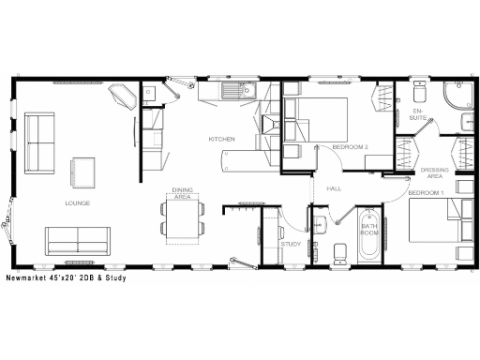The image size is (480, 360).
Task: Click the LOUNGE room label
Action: coord(77,202)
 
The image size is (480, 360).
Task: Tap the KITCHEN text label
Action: coord(221,141)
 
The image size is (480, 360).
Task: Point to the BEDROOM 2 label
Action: coord(350,147)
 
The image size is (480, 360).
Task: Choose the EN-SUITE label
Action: coord(418,115)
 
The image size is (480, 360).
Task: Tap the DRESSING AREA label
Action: coord(433,172)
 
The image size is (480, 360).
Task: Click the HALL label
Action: coord(334,188)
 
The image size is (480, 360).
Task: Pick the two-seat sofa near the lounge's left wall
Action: coord(39,142)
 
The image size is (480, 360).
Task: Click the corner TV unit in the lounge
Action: coord(123,97)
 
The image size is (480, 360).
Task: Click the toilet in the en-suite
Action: coord(419,93)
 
